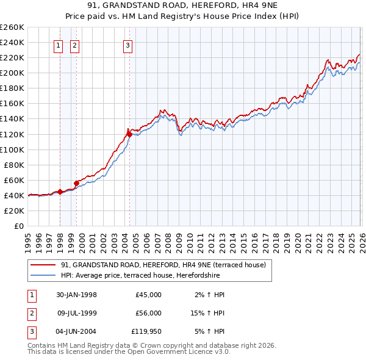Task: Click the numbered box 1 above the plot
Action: tap(59, 45)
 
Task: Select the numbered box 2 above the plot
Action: tap(74, 45)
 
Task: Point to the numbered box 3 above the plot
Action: tap(127, 45)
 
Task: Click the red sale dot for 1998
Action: tap(60, 192)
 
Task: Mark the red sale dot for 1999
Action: tap(76, 182)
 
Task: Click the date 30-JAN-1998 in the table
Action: tap(76, 295)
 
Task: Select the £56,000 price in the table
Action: tap(148, 313)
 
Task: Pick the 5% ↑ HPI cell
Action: tap(209, 333)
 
